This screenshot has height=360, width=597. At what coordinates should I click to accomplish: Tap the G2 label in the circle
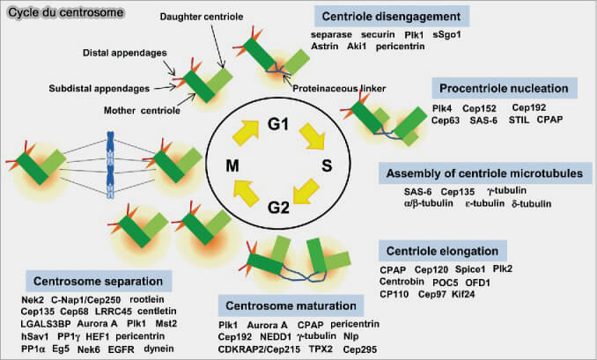click(278, 208)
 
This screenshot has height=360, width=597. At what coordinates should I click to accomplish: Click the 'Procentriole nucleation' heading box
click(504, 88)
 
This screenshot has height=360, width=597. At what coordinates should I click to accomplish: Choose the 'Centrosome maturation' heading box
click(288, 305)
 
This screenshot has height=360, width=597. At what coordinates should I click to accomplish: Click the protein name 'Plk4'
click(442, 107)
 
